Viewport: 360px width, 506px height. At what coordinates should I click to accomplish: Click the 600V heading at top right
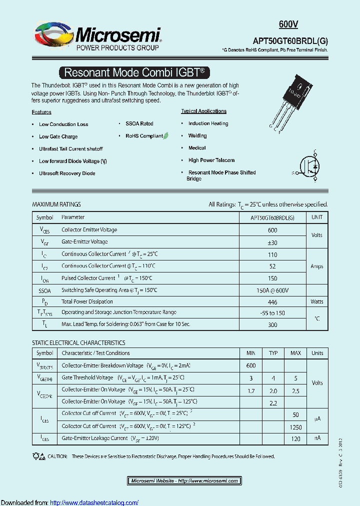tap(288, 24)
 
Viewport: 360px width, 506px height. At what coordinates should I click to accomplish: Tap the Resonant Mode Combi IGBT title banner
tap(134, 72)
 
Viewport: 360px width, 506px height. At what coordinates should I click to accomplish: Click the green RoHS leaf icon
tap(166, 135)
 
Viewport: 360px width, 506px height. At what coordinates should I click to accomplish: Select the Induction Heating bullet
tap(208, 123)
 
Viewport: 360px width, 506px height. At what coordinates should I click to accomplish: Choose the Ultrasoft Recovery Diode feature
tap(67, 173)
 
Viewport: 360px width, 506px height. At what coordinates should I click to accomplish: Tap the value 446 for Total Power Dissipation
tap(272, 301)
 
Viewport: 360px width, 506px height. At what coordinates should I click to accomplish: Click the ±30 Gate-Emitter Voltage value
tap(272, 242)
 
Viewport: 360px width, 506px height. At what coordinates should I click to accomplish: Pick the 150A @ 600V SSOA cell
tap(272, 290)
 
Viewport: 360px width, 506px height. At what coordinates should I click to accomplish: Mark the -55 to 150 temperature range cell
tap(272, 312)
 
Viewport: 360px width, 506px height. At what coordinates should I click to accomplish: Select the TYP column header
tap(273, 353)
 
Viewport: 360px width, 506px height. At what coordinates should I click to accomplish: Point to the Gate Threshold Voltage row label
tap(87, 377)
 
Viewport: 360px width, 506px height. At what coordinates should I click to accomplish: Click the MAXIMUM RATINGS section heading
tap(56, 204)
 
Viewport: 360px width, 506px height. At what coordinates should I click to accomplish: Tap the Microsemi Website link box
tap(184, 480)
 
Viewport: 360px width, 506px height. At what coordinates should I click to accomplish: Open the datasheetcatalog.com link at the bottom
tap(94, 502)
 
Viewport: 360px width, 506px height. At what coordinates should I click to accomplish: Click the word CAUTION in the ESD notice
tap(58, 456)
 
